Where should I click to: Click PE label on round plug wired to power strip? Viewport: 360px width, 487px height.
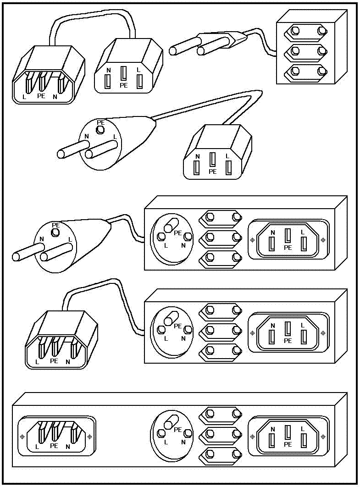56,225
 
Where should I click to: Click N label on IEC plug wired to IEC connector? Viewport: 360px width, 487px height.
55,97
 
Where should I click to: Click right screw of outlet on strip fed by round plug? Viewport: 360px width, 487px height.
323,239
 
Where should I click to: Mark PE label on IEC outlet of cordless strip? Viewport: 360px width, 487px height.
288,444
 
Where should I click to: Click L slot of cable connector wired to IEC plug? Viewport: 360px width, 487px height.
139,81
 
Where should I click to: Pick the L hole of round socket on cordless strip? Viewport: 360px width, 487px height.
161,433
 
